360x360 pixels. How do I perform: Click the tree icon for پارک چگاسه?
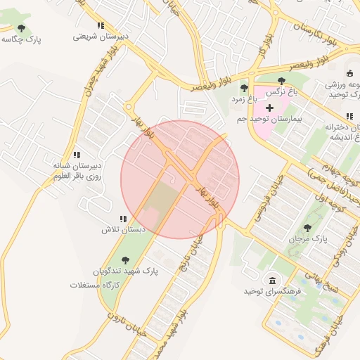click(x=21, y=28)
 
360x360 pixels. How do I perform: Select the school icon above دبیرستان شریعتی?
click(x=101, y=25)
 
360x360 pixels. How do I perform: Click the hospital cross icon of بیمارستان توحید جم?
click(x=269, y=107)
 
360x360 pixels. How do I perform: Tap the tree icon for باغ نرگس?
click(x=282, y=81)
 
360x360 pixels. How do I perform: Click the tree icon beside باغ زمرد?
click(x=244, y=88)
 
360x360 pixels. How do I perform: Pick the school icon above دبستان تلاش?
click(x=123, y=219)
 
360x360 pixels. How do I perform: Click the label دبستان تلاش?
click(x=123, y=230)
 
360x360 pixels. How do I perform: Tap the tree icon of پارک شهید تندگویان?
click(x=125, y=260)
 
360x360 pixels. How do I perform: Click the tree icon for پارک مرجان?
click(x=307, y=228)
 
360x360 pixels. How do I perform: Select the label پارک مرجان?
click(x=305, y=239)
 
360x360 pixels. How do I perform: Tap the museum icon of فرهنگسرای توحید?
click(x=272, y=280)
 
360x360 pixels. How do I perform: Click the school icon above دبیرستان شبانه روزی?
click(x=77, y=155)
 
